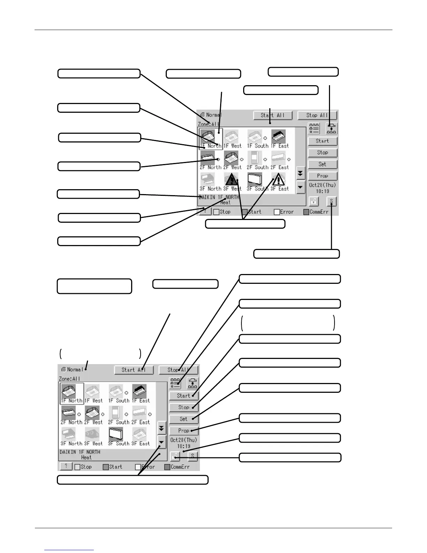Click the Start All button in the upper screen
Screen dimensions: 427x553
(273, 115)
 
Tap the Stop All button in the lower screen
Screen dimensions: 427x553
(178, 370)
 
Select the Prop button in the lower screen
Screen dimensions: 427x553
(183, 430)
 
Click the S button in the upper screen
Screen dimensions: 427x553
(331, 201)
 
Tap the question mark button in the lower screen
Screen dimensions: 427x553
(66, 466)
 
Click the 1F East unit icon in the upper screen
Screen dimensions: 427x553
(278, 136)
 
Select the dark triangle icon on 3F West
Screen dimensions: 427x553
(232, 179)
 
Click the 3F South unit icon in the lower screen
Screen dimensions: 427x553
(115, 434)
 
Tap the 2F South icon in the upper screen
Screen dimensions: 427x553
(254, 158)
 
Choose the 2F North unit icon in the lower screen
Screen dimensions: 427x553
(68, 413)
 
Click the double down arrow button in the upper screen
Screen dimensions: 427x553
(300, 173)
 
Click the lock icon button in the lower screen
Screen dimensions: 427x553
(175, 456)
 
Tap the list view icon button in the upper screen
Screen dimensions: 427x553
(314, 128)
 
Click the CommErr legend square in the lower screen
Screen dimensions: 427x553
(167, 467)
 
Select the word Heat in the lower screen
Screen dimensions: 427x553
(86, 457)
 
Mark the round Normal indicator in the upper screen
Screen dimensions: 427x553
(203, 115)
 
